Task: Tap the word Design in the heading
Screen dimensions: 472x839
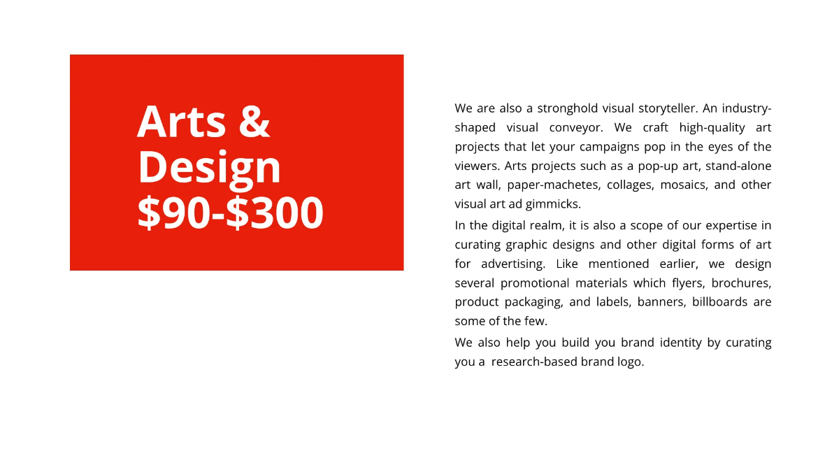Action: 209,168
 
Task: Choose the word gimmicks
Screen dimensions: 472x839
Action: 553,204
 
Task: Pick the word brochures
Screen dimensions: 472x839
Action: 741,283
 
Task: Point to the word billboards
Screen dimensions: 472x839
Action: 717,302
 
